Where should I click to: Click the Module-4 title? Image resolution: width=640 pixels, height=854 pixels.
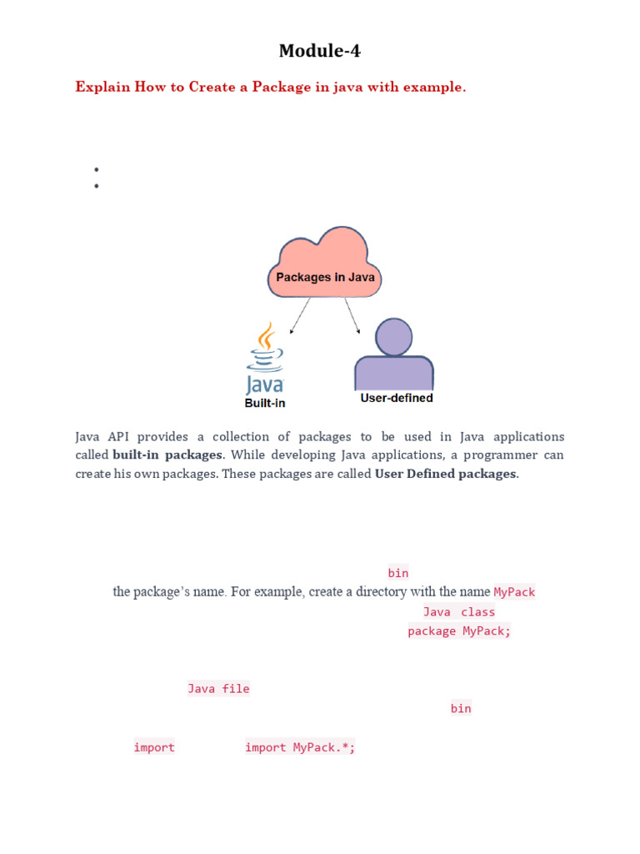(320, 52)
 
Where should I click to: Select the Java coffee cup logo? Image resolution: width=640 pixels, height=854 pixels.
(265, 359)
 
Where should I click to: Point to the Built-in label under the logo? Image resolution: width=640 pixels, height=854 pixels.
(264, 403)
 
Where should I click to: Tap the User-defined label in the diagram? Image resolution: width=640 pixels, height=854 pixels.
(396, 399)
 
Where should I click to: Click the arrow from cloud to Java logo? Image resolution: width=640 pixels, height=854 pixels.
(300, 315)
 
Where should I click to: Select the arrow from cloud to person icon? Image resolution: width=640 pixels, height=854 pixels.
(352, 315)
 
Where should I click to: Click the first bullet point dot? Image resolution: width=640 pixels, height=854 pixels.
(97, 169)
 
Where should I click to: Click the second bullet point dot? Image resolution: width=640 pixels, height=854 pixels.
(97, 186)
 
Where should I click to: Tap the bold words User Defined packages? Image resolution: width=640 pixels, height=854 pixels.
(446, 474)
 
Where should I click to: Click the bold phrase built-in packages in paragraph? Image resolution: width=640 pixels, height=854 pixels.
(167, 455)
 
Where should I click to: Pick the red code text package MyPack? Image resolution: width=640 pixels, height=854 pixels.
(458, 631)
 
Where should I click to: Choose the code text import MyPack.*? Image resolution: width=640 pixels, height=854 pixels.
(300, 748)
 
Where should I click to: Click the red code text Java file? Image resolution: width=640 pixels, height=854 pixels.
(218, 689)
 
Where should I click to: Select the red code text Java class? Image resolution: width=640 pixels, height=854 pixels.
(458, 612)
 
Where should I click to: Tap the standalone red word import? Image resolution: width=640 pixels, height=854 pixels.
(154, 748)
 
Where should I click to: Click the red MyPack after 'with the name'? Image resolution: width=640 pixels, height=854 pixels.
(514, 592)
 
